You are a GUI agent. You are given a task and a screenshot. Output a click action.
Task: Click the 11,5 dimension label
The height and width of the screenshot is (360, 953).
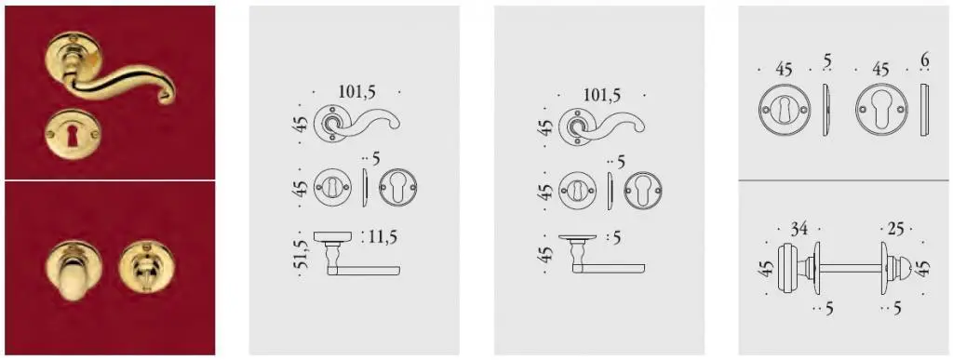click(383, 237)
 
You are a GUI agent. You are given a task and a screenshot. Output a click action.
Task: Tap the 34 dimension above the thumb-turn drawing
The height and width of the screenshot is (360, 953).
click(799, 229)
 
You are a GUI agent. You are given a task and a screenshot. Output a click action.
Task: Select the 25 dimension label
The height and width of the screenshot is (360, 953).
click(895, 230)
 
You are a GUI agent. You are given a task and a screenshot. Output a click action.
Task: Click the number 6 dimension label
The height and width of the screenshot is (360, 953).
click(925, 60)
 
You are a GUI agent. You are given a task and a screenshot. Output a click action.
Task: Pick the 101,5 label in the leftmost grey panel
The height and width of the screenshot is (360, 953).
click(356, 92)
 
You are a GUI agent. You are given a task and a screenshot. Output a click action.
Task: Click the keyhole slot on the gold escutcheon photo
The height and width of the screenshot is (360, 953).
click(73, 138)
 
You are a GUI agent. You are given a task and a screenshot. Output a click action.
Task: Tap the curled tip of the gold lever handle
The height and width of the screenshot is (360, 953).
click(166, 96)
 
